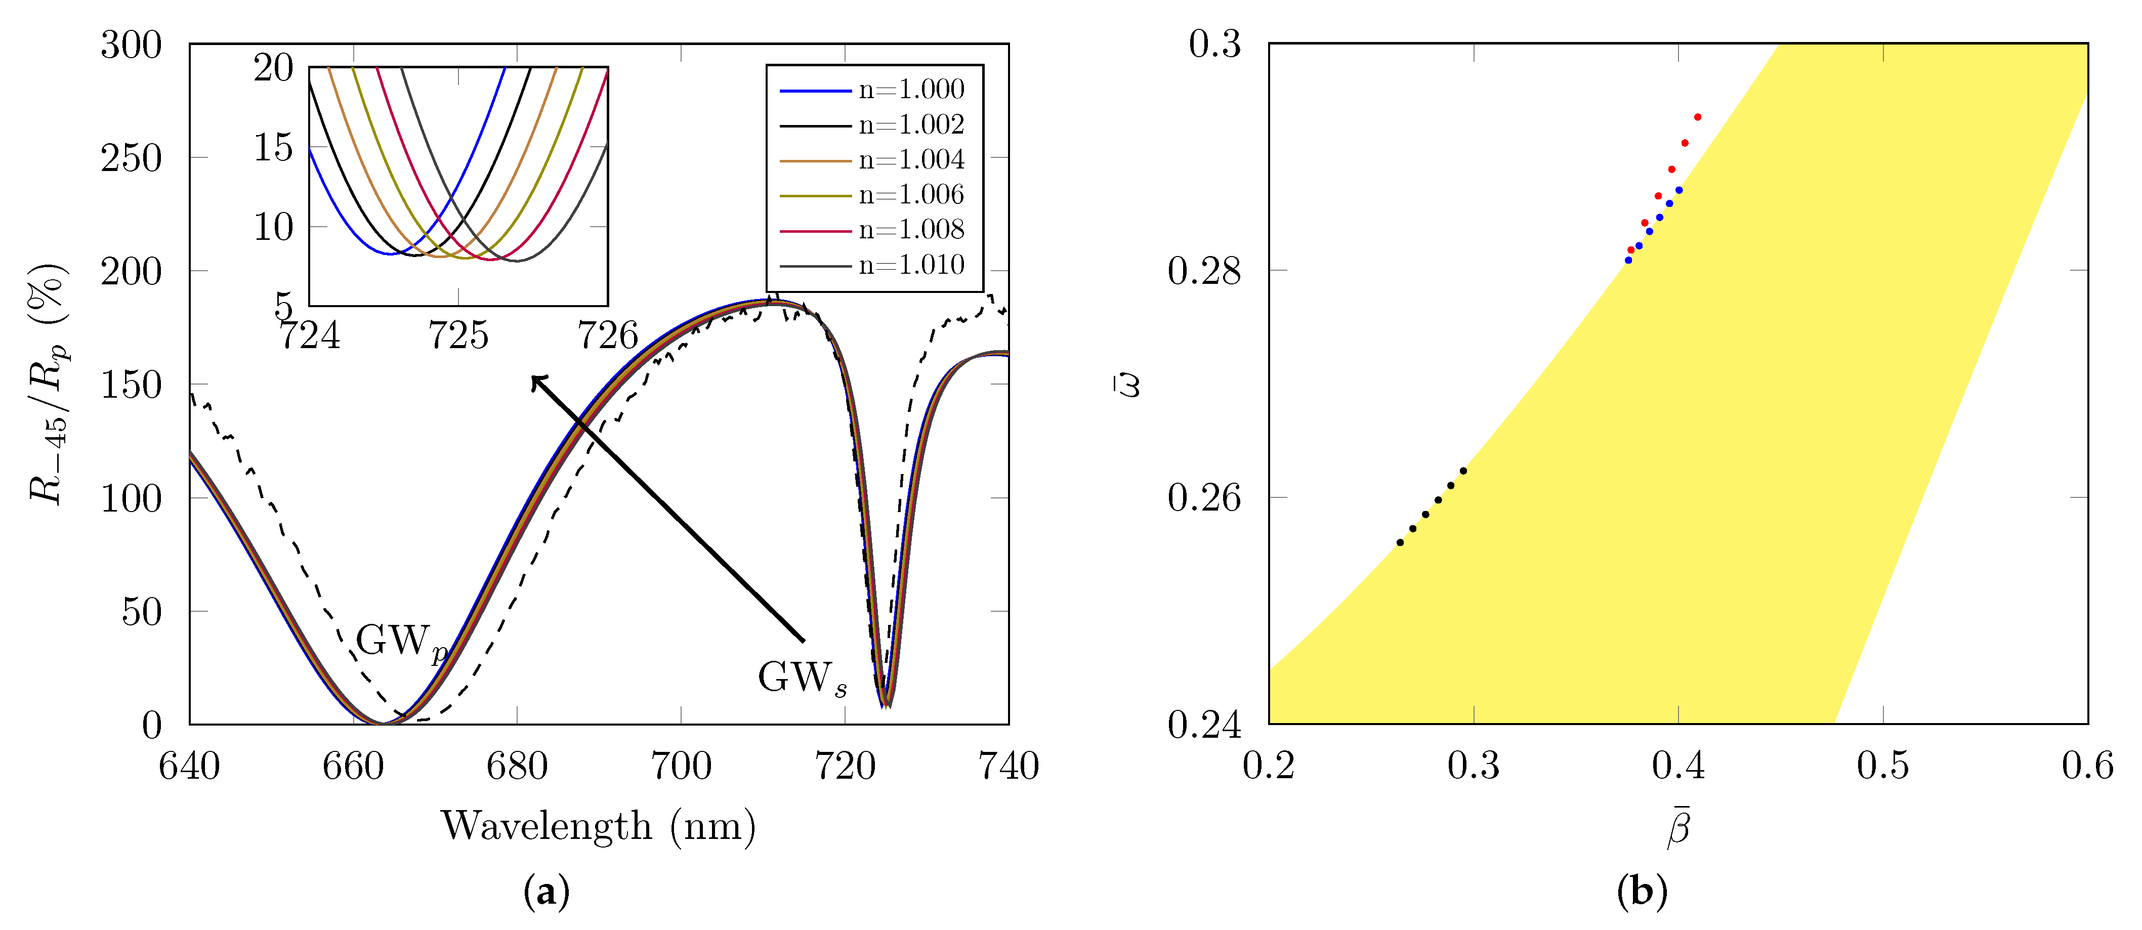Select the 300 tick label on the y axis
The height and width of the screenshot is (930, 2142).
(132, 45)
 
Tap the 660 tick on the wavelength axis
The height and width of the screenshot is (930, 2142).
(353, 766)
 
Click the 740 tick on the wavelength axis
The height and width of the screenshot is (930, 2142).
(1009, 766)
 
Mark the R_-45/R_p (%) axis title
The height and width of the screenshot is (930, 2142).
(48, 384)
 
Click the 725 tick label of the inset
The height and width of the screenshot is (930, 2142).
(458, 336)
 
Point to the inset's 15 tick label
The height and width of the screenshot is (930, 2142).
(274, 148)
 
